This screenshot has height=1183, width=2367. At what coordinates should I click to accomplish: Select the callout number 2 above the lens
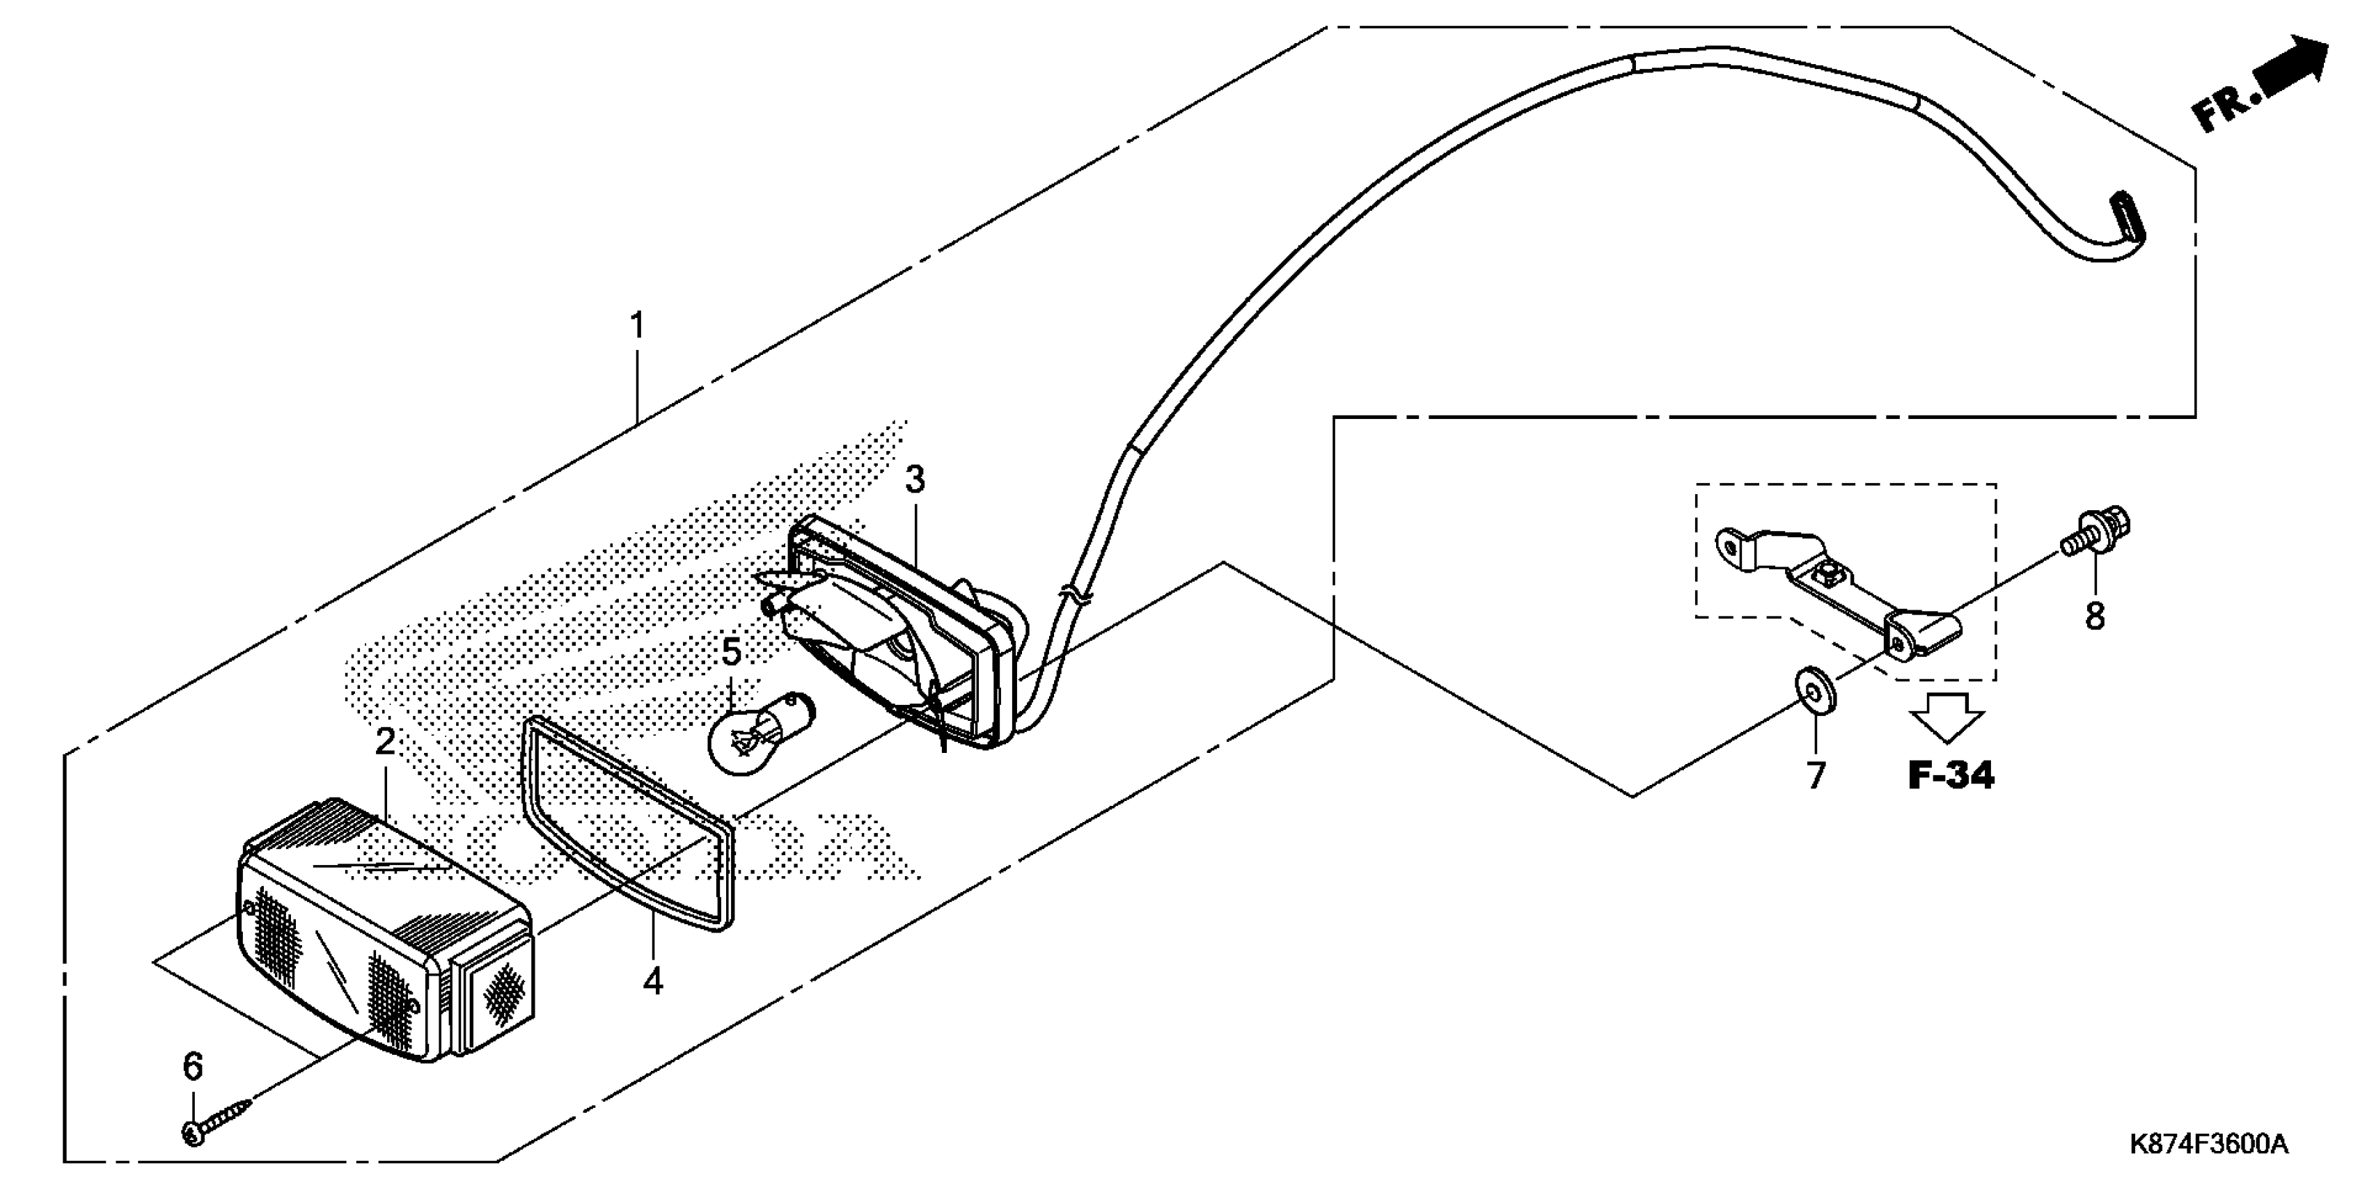click(385, 742)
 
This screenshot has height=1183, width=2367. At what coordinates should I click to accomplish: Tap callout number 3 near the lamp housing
click(914, 479)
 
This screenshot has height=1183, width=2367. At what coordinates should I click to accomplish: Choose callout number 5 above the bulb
click(732, 652)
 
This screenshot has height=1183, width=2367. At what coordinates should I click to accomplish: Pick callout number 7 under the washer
click(1816, 776)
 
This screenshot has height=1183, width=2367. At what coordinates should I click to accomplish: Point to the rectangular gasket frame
click(630, 822)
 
